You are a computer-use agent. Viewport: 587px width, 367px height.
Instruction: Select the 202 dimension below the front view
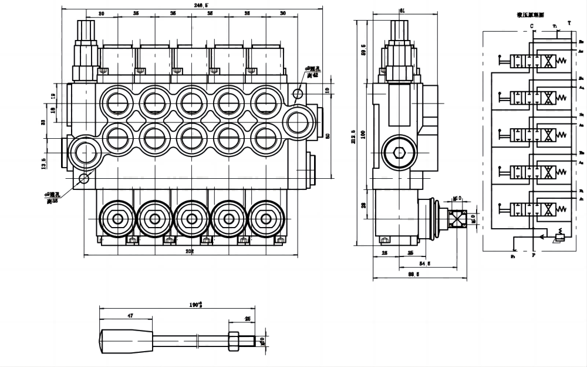coord(190,252)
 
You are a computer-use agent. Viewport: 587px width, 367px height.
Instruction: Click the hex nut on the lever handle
coord(232,339)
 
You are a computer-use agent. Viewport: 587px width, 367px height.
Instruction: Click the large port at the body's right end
coord(298,121)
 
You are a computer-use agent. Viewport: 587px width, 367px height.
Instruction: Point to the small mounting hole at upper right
coord(298,94)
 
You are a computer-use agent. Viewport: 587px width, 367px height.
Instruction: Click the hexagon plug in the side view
coord(399,154)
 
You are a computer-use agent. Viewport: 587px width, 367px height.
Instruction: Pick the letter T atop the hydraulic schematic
coord(568,23)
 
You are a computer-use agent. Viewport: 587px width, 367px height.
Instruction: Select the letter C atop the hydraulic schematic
coord(531,26)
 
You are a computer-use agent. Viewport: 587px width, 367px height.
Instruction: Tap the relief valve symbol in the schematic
coord(559,236)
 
